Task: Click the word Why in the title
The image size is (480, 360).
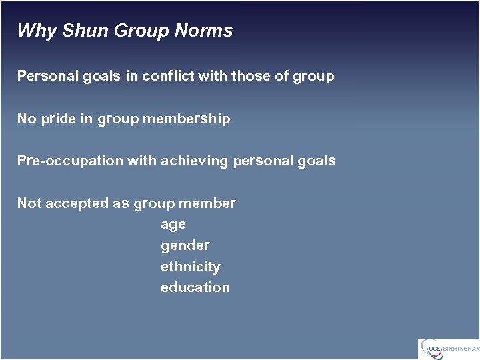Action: tap(37, 31)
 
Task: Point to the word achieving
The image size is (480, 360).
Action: tap(197, 161)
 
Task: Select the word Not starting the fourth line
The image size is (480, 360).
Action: tap(29, 203)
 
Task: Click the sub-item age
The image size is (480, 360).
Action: tap(173, 225)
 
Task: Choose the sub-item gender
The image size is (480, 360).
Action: tap(185, 245)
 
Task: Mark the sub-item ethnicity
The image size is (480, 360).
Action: tap(191, 267)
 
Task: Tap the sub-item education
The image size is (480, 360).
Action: tap(195, 287)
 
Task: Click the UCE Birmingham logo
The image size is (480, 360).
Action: tap(448, 348)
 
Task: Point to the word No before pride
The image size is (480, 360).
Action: tap(27, 119)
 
